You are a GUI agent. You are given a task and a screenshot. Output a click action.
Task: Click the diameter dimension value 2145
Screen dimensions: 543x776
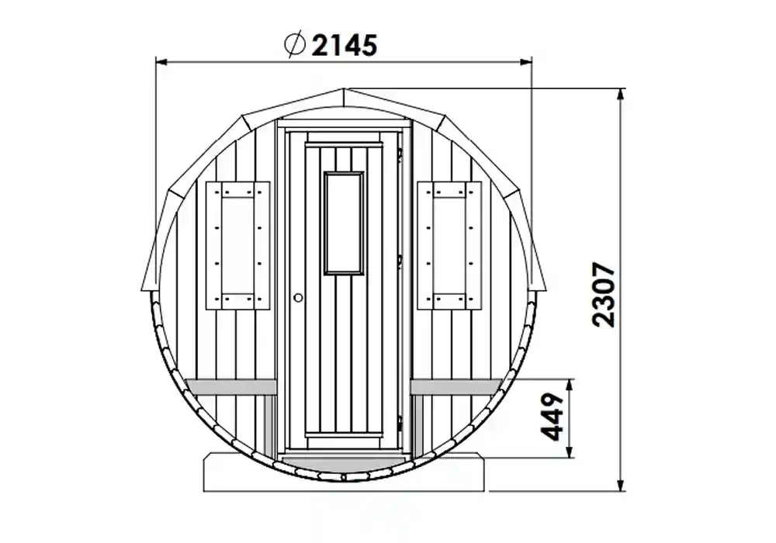pos(343,46)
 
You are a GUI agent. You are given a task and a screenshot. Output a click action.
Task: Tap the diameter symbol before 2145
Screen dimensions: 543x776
pos(294,45)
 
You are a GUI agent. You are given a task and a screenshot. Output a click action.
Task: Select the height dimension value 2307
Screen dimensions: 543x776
pos(602,295)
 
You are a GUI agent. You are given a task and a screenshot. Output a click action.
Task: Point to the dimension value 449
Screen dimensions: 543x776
pos(552,417)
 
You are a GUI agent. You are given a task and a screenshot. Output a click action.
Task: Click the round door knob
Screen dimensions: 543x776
pos(298,296)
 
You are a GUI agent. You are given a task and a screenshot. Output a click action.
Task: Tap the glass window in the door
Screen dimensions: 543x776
pos(344,223)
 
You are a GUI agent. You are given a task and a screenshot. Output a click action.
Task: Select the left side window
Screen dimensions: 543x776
pos(237,245)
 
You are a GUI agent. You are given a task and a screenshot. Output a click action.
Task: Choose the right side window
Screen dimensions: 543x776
pos(449,245)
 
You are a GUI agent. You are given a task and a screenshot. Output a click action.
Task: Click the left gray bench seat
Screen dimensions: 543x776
pos(232,386)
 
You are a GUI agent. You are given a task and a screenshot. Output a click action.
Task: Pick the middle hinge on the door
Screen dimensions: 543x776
pos(400,258)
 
